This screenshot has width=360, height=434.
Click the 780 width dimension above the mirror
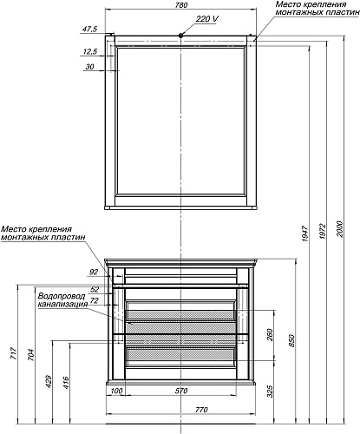point(181,5)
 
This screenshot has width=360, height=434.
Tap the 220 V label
point(207,19)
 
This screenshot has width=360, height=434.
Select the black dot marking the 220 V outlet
point(180,36)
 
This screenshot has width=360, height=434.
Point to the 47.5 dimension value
point(90,29)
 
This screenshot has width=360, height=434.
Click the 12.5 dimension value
point(90,52)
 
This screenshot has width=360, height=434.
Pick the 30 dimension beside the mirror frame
point(90,67)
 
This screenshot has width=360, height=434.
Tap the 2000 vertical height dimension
point(339,229)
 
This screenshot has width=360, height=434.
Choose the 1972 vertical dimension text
point(323,231)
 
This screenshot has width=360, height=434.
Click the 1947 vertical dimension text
point(305,233)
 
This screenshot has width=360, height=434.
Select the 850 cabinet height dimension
point(291,341)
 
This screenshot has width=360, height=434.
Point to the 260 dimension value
point(270,335)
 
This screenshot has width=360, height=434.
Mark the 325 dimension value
point(270,391)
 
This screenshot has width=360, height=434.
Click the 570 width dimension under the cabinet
point(181,391)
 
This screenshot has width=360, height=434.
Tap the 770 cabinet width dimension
point(201,410)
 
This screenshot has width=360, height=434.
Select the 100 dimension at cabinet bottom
point(116,391)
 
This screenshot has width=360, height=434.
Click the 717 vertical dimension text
point(14,353)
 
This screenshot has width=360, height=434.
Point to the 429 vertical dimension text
point(49,382)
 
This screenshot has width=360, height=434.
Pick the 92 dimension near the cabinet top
point(94,272)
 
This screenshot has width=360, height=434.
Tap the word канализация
point(63,304)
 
